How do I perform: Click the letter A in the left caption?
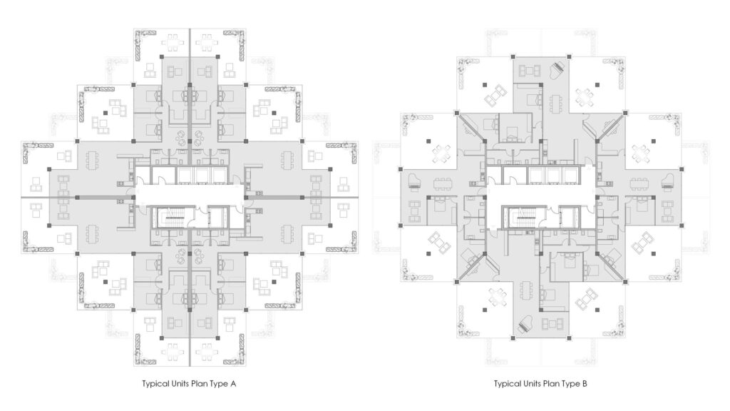click(233, 383)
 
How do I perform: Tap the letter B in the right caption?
click(585, 383)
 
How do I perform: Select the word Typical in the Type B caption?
click(507, 384)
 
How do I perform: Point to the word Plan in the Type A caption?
click(203, 383)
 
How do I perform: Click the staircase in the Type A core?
click(173, 216)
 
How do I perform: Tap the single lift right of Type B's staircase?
click(570, 216)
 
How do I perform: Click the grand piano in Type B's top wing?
click(557, 71)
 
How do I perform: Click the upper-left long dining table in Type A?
click(91, 160)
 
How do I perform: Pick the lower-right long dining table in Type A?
click(288, 234)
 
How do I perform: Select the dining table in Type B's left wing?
click(443, 183)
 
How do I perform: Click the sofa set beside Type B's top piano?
click(530, 71)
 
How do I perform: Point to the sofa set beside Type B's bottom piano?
click(552, 324)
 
